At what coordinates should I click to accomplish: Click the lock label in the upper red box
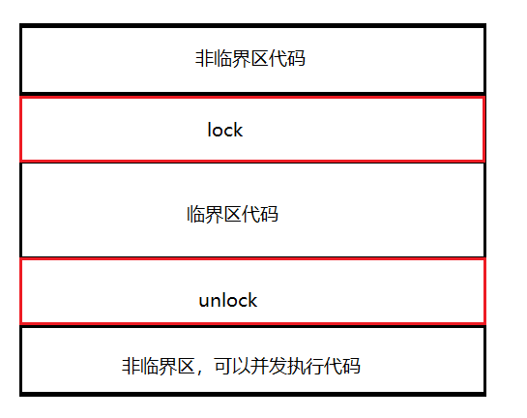225,130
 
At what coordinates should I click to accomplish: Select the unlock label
228,300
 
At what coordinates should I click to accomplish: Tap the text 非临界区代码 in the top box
250,58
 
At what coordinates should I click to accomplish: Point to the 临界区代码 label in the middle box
233,214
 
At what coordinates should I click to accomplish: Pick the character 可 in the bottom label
223,366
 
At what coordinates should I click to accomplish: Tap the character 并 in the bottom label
259,366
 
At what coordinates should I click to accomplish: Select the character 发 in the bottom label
278,366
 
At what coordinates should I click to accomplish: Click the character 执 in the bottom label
296,366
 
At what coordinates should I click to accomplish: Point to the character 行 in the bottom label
314,366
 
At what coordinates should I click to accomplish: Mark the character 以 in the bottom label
242,366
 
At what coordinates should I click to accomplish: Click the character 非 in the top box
204,58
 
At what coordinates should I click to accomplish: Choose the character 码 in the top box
297,58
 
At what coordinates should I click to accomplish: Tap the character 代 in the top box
278,58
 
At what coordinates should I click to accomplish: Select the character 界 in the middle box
214,214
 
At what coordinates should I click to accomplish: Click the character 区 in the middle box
233,214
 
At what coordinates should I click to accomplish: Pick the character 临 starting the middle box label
195,214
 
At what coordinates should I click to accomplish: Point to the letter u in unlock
204,302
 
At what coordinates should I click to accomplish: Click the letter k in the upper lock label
238,130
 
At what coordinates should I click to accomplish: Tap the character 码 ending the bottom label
351,366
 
